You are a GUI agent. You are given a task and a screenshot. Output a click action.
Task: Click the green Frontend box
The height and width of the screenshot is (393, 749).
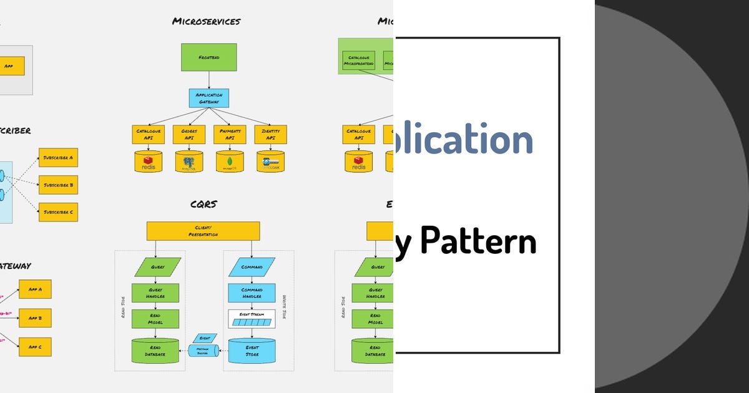[209, 57]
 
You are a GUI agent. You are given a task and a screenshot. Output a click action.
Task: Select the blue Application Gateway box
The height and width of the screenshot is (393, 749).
[209, 98]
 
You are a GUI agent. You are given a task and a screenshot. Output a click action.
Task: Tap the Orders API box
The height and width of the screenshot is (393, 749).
[189, 134]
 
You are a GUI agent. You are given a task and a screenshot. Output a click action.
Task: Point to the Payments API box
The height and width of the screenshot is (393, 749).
[230, 134]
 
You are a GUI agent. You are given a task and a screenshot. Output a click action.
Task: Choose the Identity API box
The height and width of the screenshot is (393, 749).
[270, 134]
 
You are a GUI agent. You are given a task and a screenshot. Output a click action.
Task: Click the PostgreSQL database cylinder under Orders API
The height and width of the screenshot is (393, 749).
[189, 162]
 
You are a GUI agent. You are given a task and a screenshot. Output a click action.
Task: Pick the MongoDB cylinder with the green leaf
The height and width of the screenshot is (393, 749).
[230, 162]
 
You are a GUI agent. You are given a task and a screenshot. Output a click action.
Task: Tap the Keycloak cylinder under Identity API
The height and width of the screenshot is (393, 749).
[270, 162]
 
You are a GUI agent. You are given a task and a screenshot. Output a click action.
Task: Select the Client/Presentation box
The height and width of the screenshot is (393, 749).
[203, 231]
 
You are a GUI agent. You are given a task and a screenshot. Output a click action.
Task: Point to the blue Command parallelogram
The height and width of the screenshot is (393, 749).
[252, 267]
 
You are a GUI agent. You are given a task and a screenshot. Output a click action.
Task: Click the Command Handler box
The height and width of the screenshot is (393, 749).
[252, 293]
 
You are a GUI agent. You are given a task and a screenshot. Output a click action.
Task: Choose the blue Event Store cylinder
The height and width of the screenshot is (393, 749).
[252, 351]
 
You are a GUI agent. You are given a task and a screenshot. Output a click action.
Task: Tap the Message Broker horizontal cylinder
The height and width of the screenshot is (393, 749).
[203, 351]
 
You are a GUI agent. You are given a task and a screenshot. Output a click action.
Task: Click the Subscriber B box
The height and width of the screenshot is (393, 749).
[58, 185]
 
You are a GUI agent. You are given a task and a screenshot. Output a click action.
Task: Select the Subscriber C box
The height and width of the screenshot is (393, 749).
[58, 212]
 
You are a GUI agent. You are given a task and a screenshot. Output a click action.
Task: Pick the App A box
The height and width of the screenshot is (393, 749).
[35, 289]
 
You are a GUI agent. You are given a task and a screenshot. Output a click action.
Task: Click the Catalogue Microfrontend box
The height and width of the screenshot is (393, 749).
[358, 61]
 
